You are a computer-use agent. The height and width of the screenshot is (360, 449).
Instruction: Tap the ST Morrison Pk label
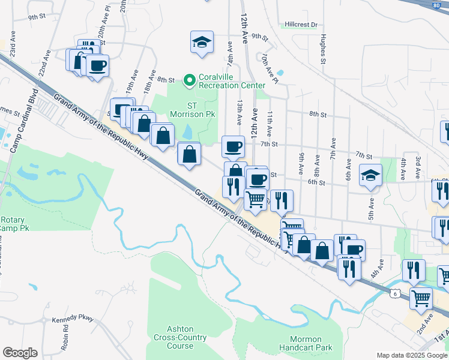[x=184, y=109]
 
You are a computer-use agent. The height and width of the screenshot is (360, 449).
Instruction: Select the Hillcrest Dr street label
[x=301, y=25]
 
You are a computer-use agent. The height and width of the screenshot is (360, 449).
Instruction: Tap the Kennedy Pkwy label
[x=74, y=320]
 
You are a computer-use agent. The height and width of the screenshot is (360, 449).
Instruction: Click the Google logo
[x=19, y=353]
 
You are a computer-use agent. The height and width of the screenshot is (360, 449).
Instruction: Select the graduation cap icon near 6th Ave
[x=370, y=175]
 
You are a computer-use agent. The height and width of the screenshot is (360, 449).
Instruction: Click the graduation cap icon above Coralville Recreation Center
[x=202, y=42]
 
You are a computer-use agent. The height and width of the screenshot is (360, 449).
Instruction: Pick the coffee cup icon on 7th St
[x=233, y=145]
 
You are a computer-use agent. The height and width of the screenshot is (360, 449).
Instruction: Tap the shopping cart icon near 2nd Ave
[x=421, y=297]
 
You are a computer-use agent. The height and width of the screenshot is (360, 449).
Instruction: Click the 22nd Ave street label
[x=44, y=64]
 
